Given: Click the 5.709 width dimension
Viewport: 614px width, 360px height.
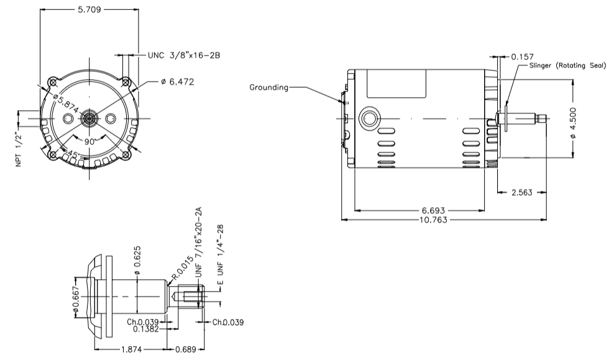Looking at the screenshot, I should [x=88, y=11].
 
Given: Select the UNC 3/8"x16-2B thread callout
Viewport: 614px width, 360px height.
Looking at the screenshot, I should [x=184, y=55].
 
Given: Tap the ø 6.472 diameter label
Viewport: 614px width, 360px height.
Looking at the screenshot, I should [x=177, y=83].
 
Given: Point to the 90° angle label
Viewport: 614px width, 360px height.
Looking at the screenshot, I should [x=90, y=142].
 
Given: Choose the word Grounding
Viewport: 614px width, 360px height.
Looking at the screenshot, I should [x=269, y=88].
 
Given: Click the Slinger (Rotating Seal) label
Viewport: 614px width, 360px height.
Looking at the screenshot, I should [x=567, y=65].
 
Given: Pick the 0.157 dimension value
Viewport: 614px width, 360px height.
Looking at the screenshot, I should [x=522, y=56].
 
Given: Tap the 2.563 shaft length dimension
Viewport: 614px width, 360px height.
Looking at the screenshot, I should [x=521, y=193].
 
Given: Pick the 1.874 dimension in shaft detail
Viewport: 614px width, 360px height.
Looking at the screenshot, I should [x=131, y=349].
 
